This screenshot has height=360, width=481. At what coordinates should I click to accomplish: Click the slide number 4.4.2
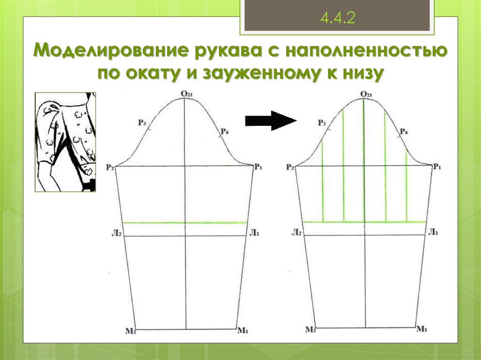pyautogui.click(x=337, y=19)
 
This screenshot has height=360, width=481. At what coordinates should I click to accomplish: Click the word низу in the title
pyautogui.click(x=361, y=73)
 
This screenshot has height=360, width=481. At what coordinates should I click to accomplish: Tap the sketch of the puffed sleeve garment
pyautogui.click(x=65, y=142)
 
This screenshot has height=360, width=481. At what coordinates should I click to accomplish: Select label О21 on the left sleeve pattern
pyautogui.click(x=186, y=94)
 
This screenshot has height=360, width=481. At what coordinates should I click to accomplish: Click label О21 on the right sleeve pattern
pyautogui.click(x=366, y=94)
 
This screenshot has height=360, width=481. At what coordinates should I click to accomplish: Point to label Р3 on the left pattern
pyautogui.click(x=142, y=123)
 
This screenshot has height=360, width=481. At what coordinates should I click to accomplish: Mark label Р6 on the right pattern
pyautogui.click(x=403, y=132)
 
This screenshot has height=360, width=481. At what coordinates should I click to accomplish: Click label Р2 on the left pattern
pyautogui.click(x=110, y=167)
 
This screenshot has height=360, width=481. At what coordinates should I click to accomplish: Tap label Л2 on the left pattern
pyautogui.click(x=118, y=233)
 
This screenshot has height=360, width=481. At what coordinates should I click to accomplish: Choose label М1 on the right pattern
pyautogui.click(x=422, y=329)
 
